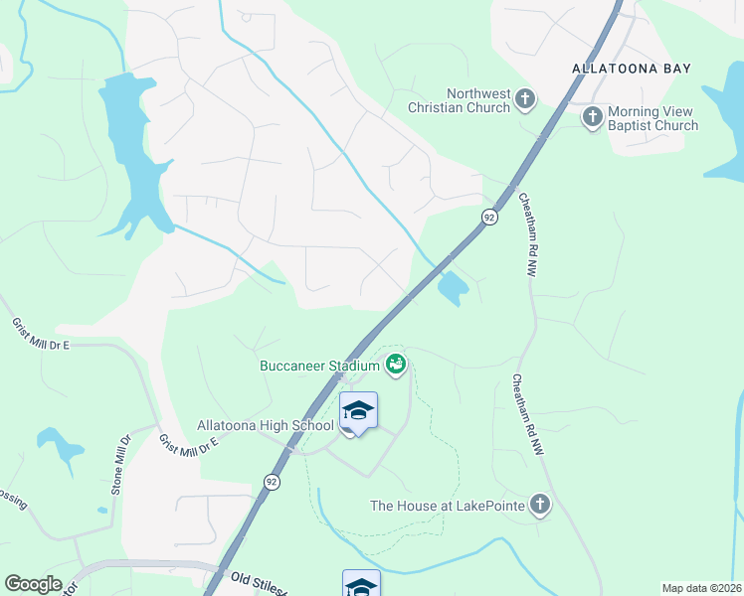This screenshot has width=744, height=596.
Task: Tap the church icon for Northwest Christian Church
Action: [x=525, y=99]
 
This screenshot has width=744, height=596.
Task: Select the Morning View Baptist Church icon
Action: [x=592, y=117]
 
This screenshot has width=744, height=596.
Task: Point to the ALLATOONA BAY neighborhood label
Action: [x=632, y=68]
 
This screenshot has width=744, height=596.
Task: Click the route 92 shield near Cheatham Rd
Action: [x=489, y=217]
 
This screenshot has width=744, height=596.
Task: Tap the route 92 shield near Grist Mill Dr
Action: [x=272, y=481]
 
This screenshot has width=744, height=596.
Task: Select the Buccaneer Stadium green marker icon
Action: [x=396, y=365]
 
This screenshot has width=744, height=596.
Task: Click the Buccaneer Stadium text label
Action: [x=319, y=366]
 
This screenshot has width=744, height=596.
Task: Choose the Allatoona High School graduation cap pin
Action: [x=358, y=411]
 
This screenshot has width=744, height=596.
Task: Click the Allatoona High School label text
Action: [x=265, y=425]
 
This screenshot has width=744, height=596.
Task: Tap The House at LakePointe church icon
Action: [x=539, y=505]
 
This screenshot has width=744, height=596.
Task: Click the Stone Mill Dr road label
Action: [x=121, y=465]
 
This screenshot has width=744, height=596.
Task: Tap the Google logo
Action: [x=33, y=584]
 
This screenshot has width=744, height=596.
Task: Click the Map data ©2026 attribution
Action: [x=701, y=588]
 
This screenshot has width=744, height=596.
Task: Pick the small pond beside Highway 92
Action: [x=453, y=289]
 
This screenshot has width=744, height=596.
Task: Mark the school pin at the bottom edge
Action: [x=361, y=585]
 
